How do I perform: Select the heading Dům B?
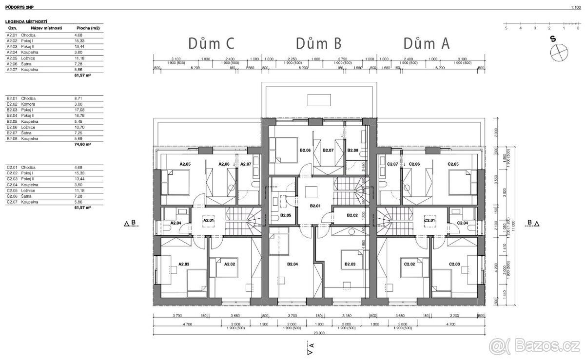pos(318,44)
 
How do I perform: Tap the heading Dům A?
pos(426,44)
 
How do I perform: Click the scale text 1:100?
pos(575,7)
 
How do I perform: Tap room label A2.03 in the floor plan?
pos(184,265)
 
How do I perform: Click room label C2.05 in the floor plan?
pos(453,164)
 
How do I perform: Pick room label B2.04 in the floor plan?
pos(292,265)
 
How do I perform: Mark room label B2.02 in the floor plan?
pos(352,215)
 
